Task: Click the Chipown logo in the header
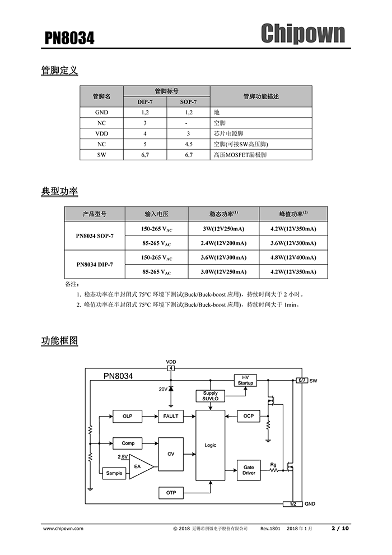coord(302,33)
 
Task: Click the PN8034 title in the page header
coord(69,38)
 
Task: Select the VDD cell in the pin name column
coord(101,133)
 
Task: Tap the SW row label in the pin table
coord(101,154)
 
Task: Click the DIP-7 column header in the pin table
coord(144,101)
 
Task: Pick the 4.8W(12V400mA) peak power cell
coord(293,257)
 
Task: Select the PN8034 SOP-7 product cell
coord(95,236)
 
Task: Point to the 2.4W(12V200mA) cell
coord(223,243)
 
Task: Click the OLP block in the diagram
coord(128,416)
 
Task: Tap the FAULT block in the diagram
coord(171,416)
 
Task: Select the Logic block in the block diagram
coord(210,445)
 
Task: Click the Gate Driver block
coord(249,470)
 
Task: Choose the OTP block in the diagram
coord(171,493)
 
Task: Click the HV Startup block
coord(245,380)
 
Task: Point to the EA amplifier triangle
coord(138,466)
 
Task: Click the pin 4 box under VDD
coord(171,368)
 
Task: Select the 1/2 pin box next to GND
coord(293,504)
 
